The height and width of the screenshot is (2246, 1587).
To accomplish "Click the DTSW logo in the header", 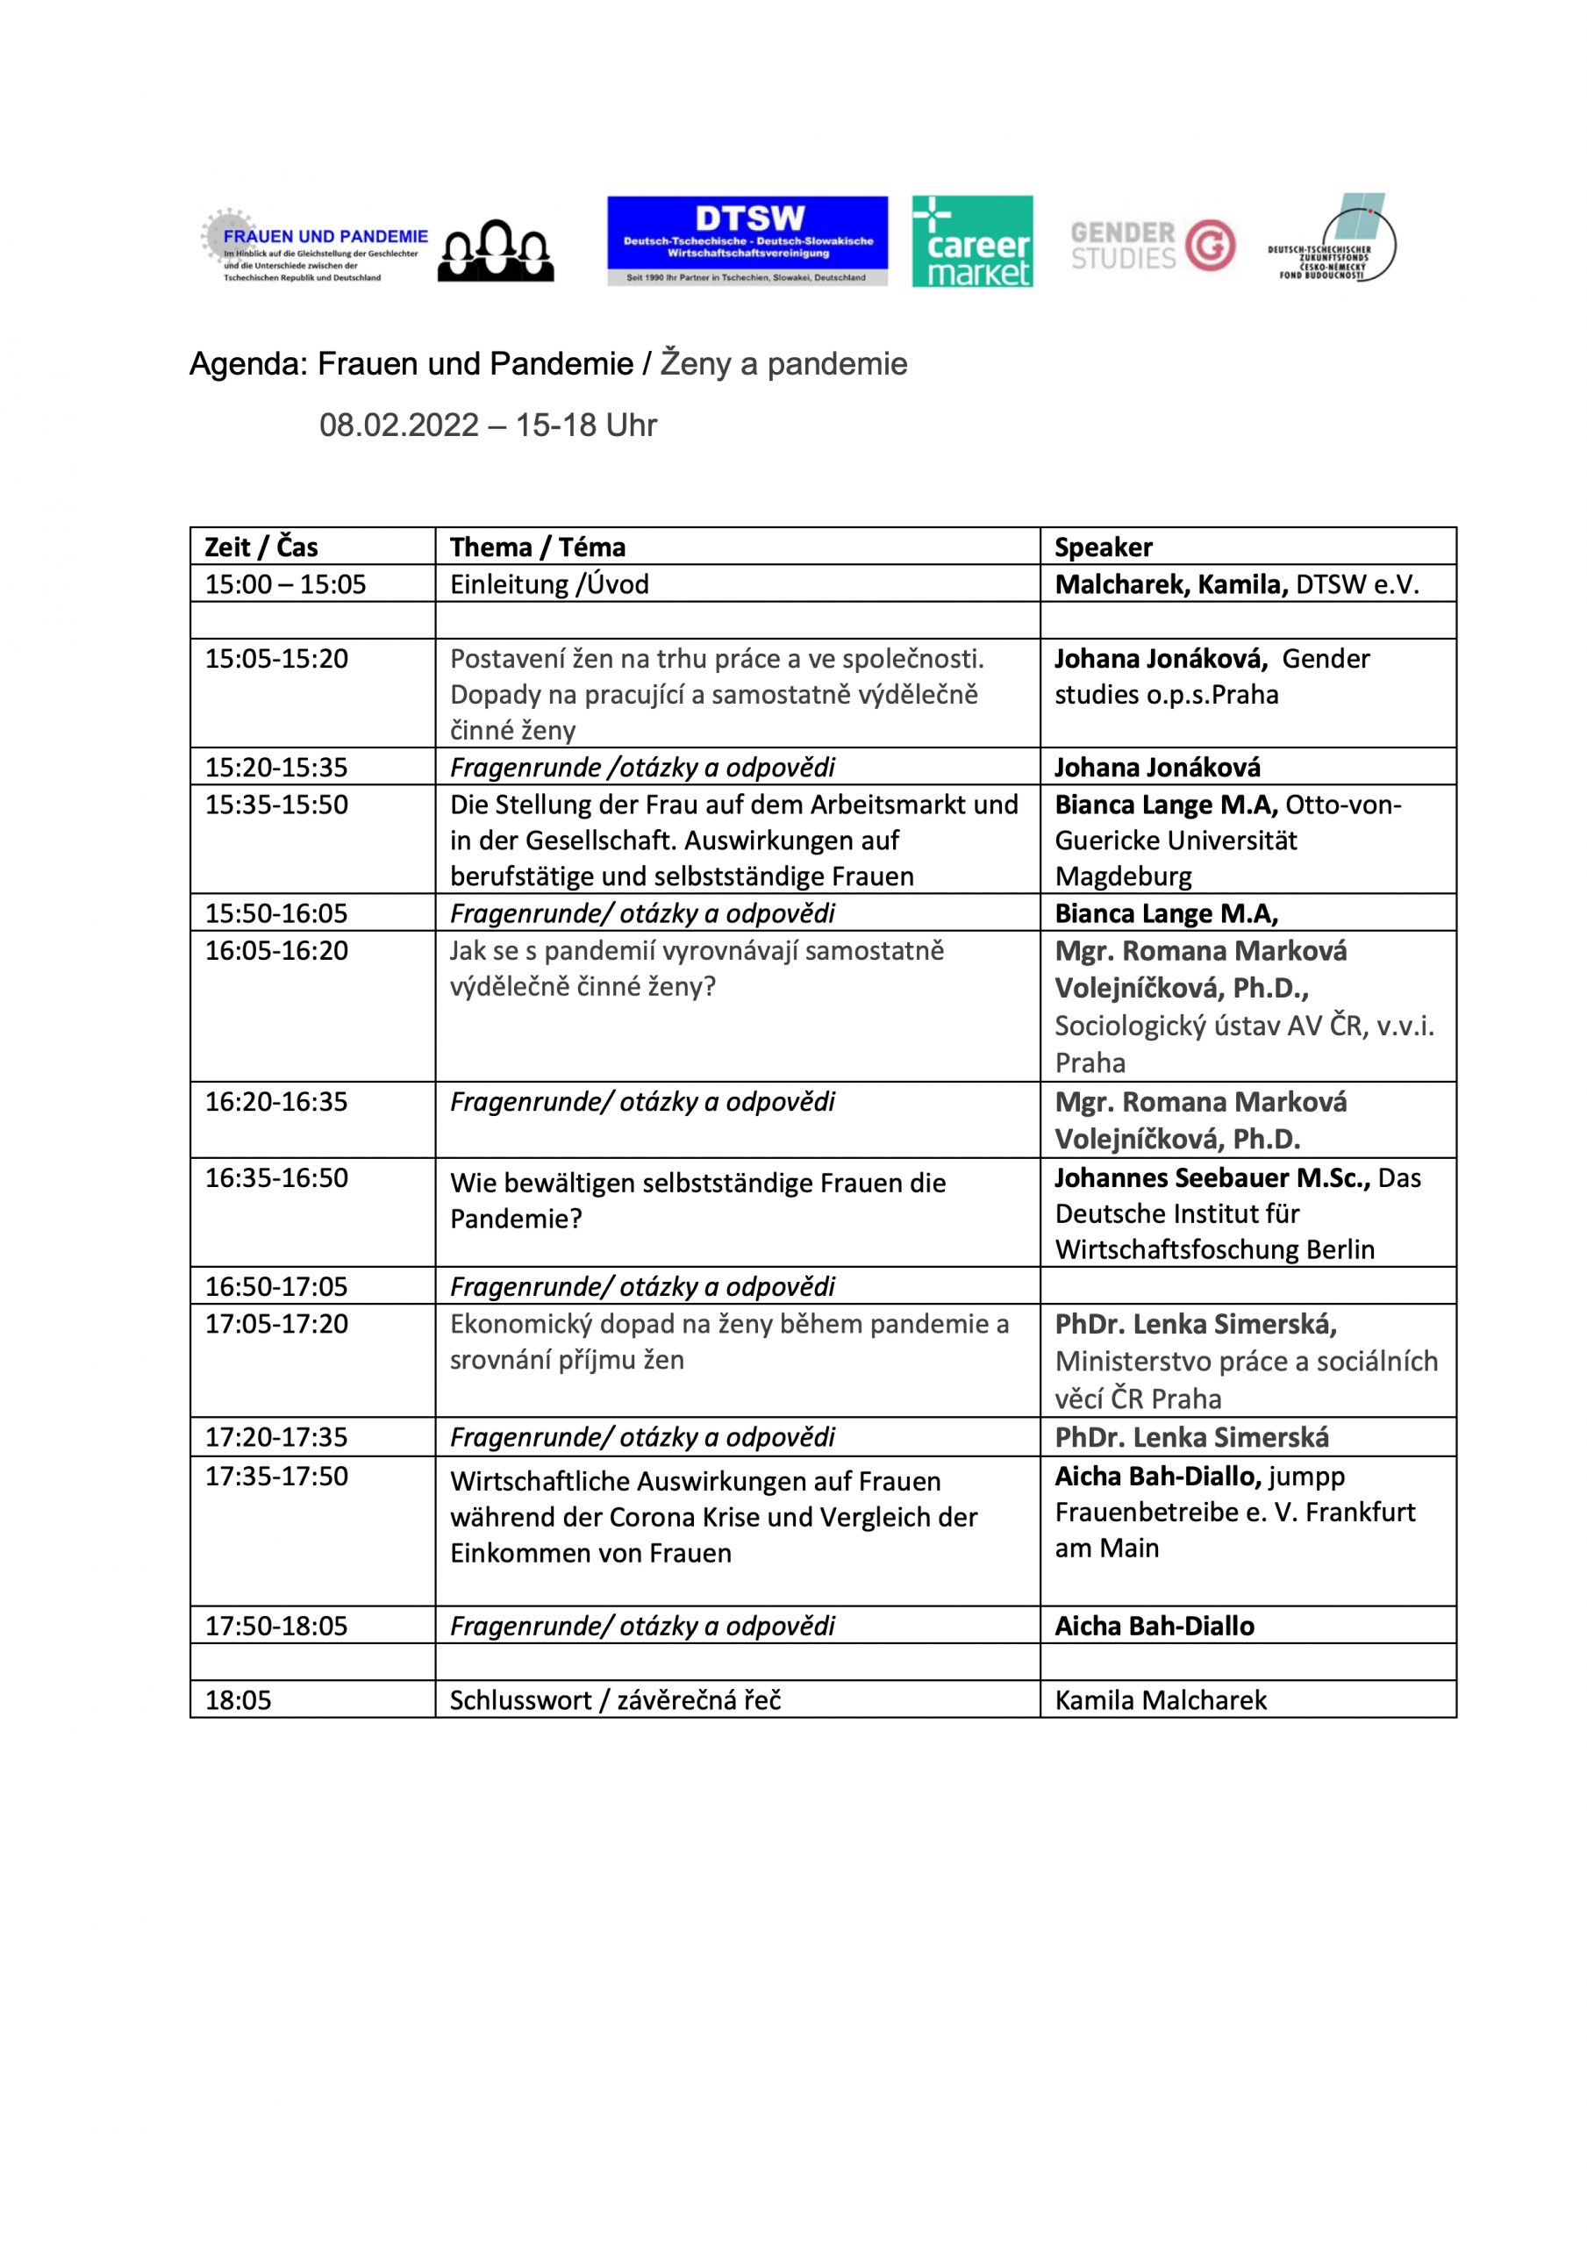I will click(747, 240).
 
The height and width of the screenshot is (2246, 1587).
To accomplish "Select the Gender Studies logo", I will click(1152, 245).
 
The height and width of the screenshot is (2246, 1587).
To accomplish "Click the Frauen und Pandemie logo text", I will click(325, 237).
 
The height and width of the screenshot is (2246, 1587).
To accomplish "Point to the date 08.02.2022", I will click(399, 426).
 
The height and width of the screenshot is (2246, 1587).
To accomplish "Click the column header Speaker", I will click(1103, 547).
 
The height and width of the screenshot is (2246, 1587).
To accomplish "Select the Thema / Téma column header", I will click(537, 547).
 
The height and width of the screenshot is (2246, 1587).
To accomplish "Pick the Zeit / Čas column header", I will click(261, 547).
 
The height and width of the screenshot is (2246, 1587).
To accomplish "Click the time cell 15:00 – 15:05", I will click(285, 584).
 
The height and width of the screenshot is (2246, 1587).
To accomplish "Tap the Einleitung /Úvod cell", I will click(549, 584).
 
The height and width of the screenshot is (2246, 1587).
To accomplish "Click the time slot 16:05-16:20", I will click(276, 950).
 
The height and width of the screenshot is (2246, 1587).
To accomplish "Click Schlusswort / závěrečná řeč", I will click(616, 1700).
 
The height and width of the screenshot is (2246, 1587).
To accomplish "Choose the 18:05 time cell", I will click(238, 1700).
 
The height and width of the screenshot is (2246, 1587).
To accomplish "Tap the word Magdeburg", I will click(1122, 876).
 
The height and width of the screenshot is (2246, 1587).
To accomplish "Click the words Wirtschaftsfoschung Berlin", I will click(1214, 1249).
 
